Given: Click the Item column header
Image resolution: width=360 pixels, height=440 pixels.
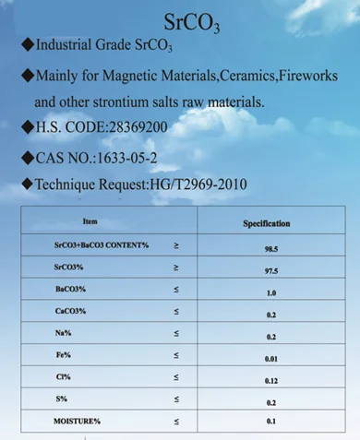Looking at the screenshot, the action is click(89, 222).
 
